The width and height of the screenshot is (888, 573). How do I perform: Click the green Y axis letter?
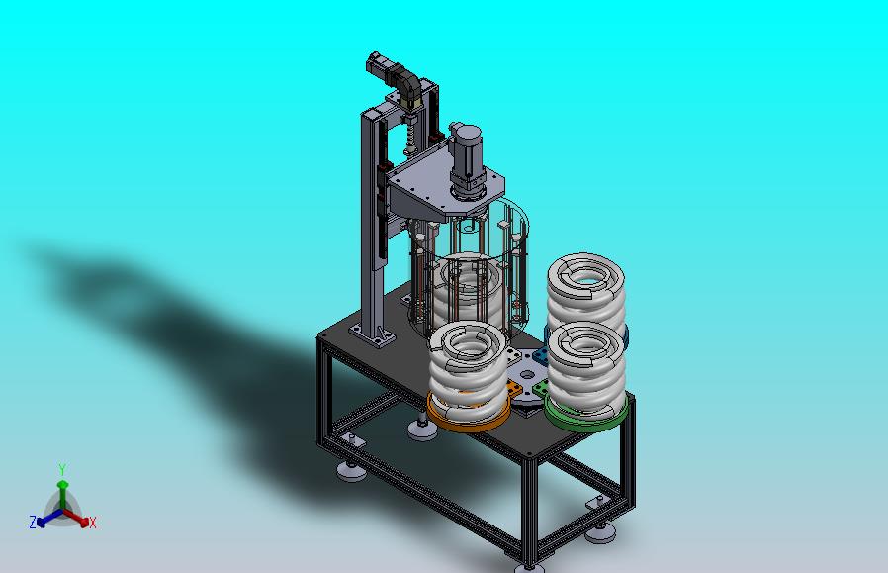click(x=62, y=469)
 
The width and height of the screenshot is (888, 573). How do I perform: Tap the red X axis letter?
click(x=93, y=523)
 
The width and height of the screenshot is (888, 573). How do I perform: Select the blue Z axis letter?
click(x=33, y=522)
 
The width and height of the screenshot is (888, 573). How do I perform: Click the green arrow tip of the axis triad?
click(x=62, y=485)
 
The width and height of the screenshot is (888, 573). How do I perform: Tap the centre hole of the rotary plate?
click(x=528, y=376)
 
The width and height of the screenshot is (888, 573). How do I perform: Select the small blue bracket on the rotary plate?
click(x=540, y=357)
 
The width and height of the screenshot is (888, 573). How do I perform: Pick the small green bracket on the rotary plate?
click(x=540, y=389)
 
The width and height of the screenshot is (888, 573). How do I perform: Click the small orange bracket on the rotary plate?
click(x=513, y=390)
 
